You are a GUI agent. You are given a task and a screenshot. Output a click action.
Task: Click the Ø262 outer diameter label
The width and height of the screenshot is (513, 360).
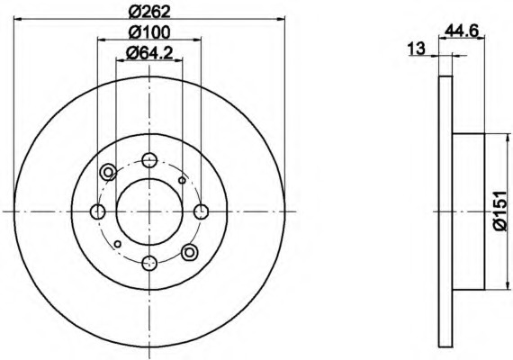tap(149, 12)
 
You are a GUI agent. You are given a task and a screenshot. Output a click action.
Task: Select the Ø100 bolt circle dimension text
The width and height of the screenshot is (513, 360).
tap(149, 32)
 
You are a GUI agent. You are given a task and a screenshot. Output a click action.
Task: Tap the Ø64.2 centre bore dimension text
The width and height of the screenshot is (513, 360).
tap(149, 53)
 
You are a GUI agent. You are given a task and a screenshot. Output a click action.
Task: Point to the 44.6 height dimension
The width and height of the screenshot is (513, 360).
tap(462, 31)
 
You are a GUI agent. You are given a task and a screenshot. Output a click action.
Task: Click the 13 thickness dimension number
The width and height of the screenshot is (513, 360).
tap(416, 49)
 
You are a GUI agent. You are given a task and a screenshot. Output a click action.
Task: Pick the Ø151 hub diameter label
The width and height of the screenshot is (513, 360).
tap(501, 211)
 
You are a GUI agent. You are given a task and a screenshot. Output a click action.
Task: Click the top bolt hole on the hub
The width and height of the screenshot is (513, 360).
tap(149, 160)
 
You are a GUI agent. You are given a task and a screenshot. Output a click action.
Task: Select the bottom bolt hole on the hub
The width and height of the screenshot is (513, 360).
tap(149, 263)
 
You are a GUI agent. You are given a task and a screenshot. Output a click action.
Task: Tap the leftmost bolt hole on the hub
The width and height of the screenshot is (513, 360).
tap(98, 211)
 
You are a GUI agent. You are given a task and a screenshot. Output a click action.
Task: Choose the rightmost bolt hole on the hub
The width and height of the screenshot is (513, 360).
tap(201, 211)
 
